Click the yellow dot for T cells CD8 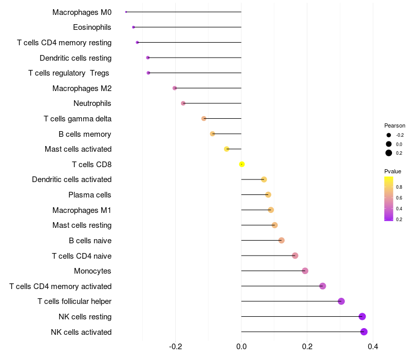pyautogui.click(x=241, y=165)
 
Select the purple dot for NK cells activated pyautogui.click(x=364, y=332)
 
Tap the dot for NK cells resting pyautogui.click(x=362, y=317)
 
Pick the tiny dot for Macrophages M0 pyautogui.click(x=126, y=12)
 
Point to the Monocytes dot pyautogui.click(x=305, y=271)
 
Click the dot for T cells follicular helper pyautogui.click(x=341, y=301)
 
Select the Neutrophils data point pyautogui.click(x=183, y=103)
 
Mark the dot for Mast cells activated pyautogui.click(x=227, y=149)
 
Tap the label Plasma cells pyautogui.click(x=90, y=195)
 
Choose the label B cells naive pyautogui.click(x=90, y=241)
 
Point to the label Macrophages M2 pyautogui.click(x=82, y=88)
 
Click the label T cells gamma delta pyautogui.click(x=78, y=119)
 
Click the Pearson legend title pyautogui.click(x=395, y=125)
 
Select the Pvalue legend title pyautogui.click(x=393, y=171)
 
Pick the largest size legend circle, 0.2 pyautogui.click(x=389, y=153)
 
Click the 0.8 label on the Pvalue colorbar pyautogui.click(x=399, y=187)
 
